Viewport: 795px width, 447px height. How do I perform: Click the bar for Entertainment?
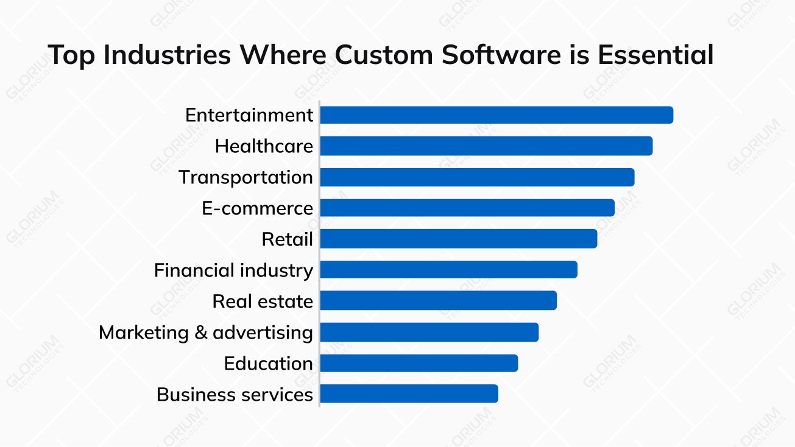(x=496, y=115)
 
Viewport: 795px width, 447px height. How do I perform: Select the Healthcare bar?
(x=486, y=146)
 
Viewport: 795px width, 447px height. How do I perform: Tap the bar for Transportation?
(x=477, y=177)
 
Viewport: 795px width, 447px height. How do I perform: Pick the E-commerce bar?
(x=467, y=208)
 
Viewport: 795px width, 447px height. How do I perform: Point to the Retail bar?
(x=458, y=239)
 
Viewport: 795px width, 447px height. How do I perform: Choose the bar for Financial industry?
(x=448, y=270)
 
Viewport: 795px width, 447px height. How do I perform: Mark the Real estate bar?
(x=438, y=301)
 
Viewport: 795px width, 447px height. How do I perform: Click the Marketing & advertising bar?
(x=429, y=332)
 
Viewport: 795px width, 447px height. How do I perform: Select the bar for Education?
(x=419, y=363)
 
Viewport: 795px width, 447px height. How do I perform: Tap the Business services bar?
(x=409, y=394)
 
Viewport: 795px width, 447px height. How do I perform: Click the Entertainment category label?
(x=249, y=115)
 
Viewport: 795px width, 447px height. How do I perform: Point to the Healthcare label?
(x=264, y=146)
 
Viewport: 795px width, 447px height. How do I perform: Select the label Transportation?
(x=246, y=177)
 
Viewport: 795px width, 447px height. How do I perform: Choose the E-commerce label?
(x=257, y=208)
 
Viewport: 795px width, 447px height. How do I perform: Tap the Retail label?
(x=287, y=239)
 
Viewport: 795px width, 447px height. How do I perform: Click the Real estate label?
(x=263, y=301)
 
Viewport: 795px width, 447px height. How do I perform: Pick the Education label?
(x=268, y=364)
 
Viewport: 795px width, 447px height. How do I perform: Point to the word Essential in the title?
(x=655, y=55)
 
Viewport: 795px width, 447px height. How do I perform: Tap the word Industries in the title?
(x=167, y=55)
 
